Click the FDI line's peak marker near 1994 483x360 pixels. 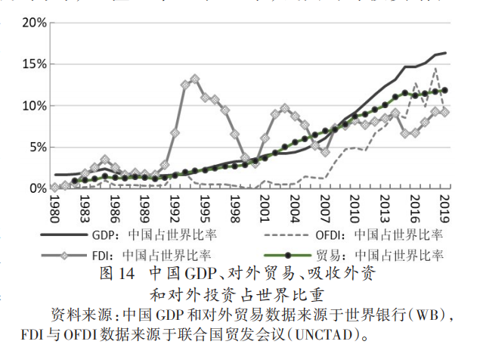click(x=195, y=79)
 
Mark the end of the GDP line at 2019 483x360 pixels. click(x=445, y=53)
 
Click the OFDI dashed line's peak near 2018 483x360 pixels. click(x=435, y=69)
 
